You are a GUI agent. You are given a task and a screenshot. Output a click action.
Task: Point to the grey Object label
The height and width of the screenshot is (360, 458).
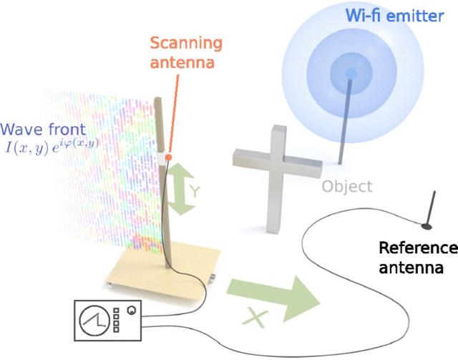(347, 187)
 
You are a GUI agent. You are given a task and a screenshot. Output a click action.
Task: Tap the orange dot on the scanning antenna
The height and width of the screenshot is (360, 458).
(167, 157)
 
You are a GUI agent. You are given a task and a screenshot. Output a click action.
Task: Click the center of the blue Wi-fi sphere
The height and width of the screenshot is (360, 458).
(350, 74)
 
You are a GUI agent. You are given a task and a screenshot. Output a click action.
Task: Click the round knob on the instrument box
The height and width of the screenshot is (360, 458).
(132, 311)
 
